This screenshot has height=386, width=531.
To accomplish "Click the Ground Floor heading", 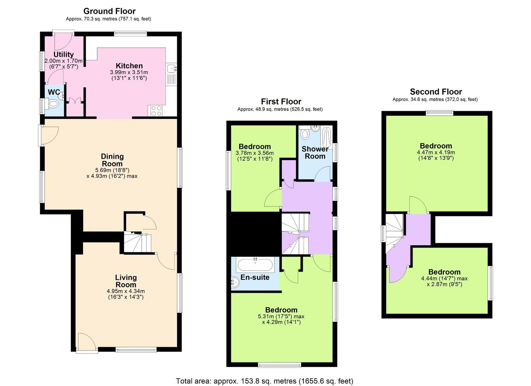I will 109,11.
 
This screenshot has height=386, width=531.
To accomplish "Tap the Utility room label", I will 63,54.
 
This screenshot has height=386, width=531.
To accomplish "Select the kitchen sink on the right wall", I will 172,69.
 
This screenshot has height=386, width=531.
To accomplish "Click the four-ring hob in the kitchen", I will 156,111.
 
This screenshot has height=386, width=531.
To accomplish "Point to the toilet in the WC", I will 53,104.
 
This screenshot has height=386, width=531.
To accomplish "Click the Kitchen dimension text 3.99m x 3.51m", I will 129,72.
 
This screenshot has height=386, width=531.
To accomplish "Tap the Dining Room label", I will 112,160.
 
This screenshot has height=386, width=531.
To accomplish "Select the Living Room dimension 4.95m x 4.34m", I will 125,291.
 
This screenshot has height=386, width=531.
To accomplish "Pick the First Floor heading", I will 281,102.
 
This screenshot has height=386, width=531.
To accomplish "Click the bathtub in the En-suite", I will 255,265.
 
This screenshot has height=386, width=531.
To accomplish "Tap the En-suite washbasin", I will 235,282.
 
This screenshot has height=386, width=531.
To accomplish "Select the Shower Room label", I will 315,153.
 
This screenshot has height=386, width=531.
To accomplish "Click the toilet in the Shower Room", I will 305,134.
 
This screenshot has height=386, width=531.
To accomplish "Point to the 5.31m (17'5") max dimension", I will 281,316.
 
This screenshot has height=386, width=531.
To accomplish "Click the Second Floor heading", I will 436,92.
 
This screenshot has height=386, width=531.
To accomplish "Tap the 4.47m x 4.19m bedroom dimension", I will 436,152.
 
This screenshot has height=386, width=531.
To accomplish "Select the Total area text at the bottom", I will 264,381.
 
